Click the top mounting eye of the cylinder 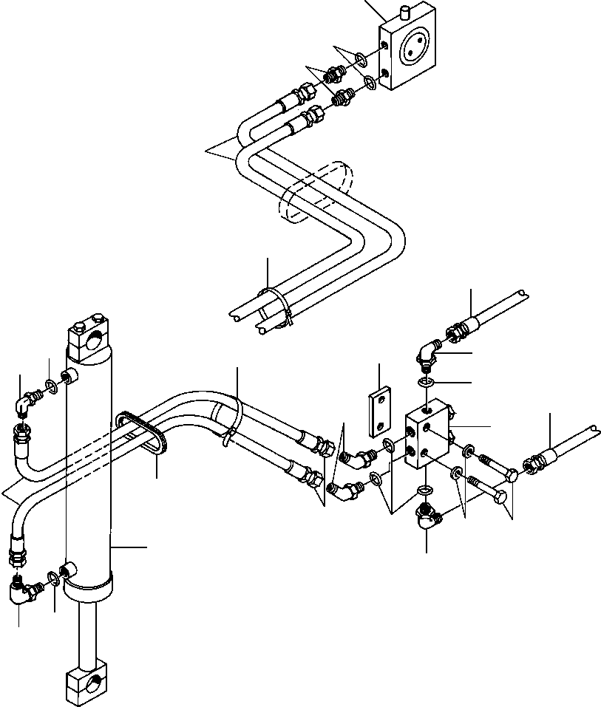pos(87,336)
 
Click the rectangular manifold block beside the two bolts pos(428,440)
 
